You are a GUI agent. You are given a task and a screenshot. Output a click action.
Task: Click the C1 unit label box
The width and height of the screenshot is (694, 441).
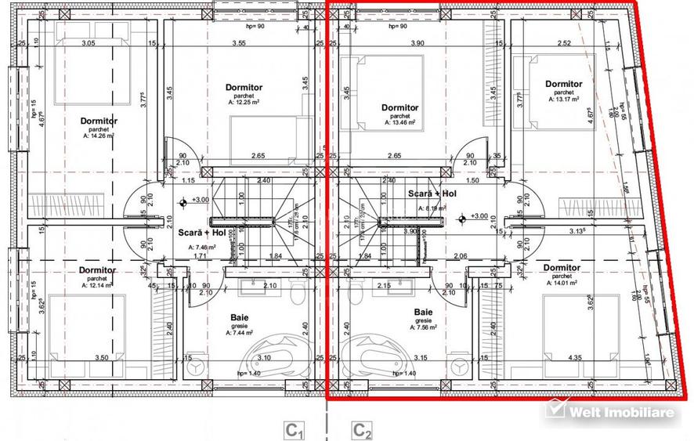pos(294,429)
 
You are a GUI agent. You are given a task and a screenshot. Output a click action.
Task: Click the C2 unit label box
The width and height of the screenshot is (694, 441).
pos(361,429)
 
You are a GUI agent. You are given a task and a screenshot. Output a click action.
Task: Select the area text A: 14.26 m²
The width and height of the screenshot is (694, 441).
pos(99,136)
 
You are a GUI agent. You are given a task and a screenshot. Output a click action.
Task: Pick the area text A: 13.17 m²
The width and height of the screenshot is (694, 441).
pos(563,99)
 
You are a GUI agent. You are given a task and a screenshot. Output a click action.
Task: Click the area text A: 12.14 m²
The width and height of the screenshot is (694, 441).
pos(97,285)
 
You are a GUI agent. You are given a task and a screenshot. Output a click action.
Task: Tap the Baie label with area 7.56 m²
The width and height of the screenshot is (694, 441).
pos(424,312)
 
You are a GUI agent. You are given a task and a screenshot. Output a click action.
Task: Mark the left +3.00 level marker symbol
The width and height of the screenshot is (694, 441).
pos(183,201)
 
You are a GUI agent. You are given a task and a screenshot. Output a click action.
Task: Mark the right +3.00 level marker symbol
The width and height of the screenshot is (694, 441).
pos(463,217)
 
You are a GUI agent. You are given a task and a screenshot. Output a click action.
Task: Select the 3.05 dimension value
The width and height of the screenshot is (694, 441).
pos(88,44)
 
